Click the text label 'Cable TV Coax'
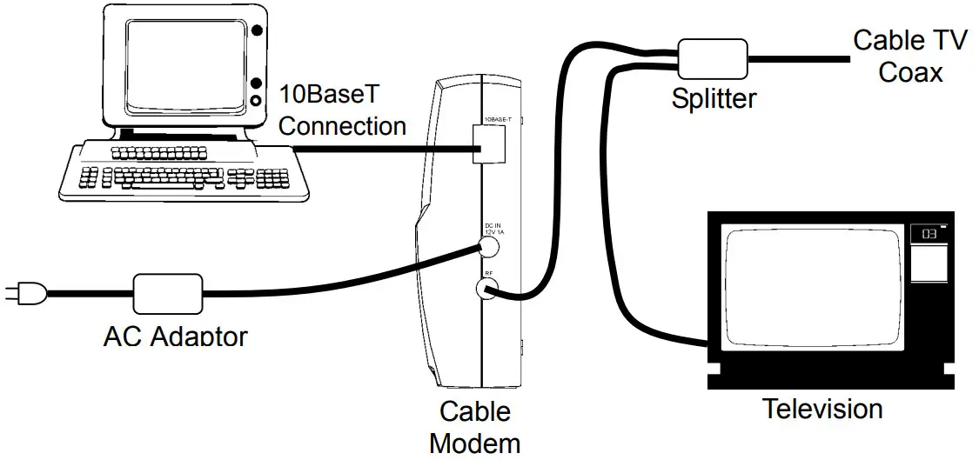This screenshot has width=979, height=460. tap(909, 56)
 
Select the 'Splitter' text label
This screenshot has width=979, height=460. tap(714, 98)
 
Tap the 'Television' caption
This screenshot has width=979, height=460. tap(822, 408)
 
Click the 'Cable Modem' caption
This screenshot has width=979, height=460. tap(474, 426)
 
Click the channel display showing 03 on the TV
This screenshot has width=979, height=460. tap(929, 234)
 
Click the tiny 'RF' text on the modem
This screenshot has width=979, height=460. tap(489, 273)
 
